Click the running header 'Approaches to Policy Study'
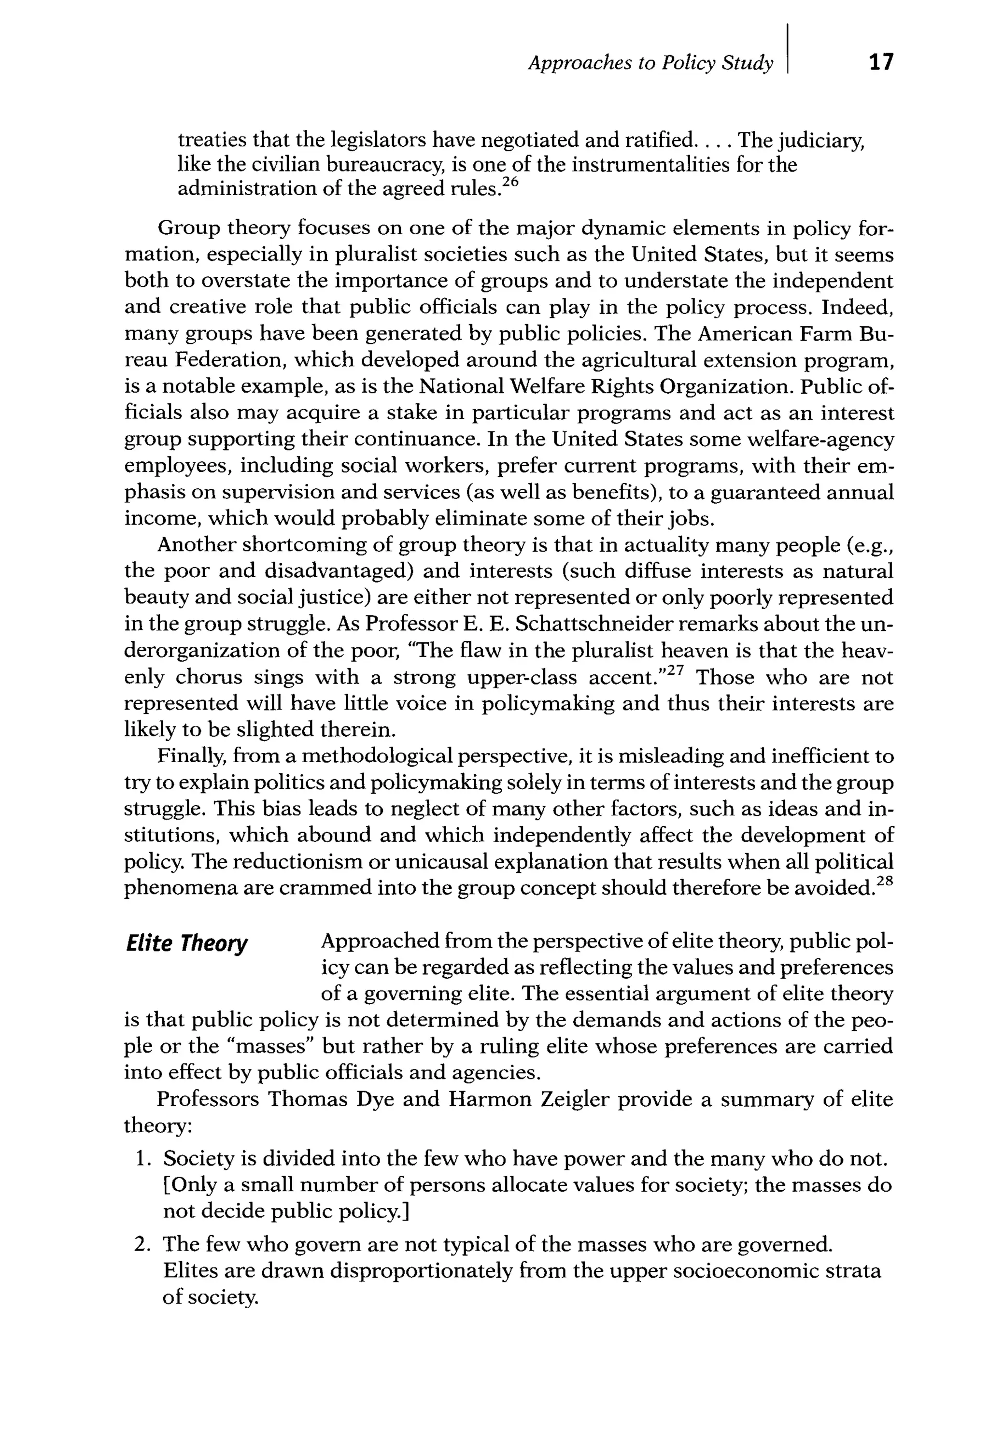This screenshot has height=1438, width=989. pos(650,63)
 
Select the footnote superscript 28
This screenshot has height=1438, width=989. pos(886,881)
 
